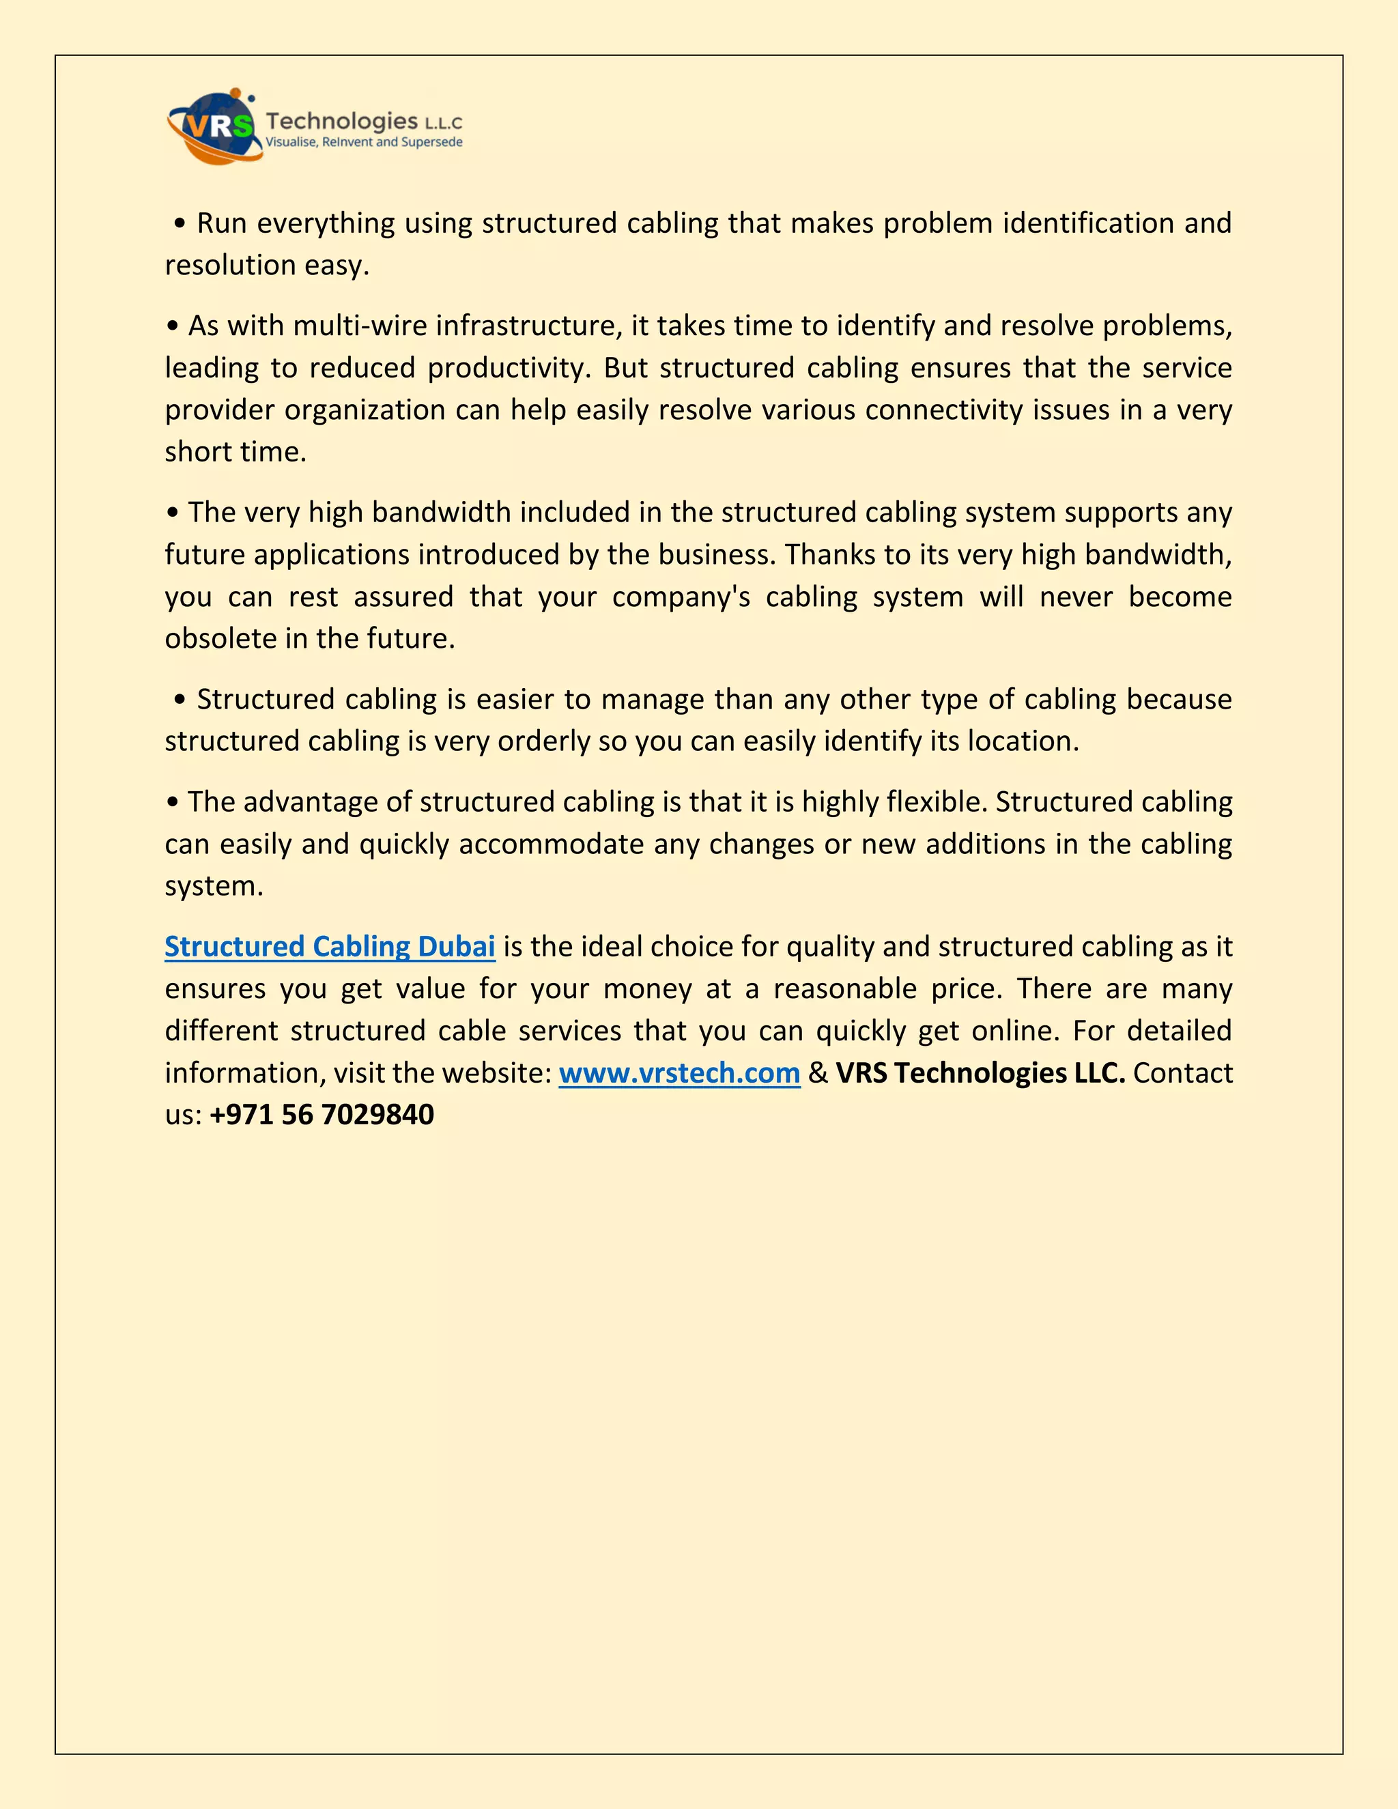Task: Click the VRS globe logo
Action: click(x=214, y=127)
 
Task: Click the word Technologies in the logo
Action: click(x=341, y=122)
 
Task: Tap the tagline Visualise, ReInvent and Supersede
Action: click(x=364, y=143)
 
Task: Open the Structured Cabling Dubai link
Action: click(x=330, y=946)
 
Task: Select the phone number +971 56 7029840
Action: click(x=322, y=1115)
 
